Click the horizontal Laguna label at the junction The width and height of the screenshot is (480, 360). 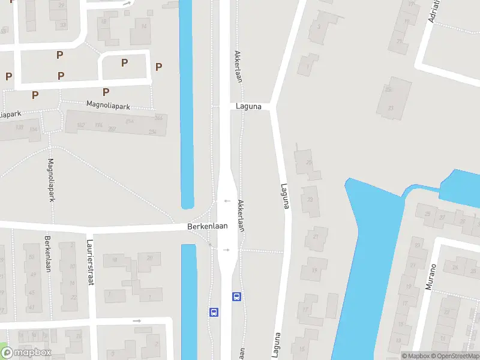click(248, 107)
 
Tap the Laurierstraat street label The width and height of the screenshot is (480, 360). click(91, 263)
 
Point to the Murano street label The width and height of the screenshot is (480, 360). click(430, 277)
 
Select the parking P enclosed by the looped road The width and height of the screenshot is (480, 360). click(124, 62)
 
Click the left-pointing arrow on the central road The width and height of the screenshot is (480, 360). click(227, 201)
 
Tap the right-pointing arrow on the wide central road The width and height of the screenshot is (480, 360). click(226, 250)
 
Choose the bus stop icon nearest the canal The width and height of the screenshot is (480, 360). click(213, 312)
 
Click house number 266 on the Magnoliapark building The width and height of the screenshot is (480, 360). click(158, 118)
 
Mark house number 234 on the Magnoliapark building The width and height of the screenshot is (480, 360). click(152, 131)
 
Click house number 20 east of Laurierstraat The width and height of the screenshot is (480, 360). click(149, 257)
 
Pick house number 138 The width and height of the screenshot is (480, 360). click(19, 127)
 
